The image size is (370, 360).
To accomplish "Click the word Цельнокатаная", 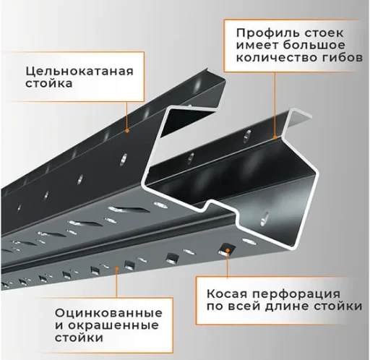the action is (79, 72).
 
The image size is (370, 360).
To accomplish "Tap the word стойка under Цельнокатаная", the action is (49, 84).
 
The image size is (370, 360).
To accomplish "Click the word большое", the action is (314, 46).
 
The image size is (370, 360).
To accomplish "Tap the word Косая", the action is (227, 294).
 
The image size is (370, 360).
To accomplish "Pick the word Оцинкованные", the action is (108, 314).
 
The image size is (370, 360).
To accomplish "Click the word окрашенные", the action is (113, 326).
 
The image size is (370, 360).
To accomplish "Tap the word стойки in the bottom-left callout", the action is (79, 338).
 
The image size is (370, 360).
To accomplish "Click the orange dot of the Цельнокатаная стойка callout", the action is (127, 131).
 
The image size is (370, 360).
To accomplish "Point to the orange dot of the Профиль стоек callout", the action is (275, 137).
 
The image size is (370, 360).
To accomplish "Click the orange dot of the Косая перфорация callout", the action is (228, 250).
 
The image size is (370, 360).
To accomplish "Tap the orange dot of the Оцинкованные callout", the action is (116, 269).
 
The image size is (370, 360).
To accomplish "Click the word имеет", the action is (257, 46).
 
